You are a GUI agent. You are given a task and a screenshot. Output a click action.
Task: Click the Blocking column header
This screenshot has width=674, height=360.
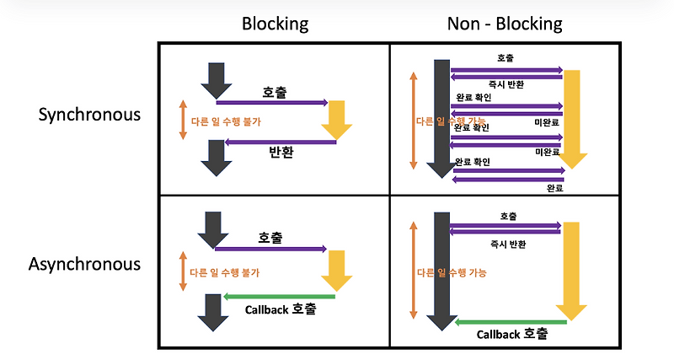[x=275, y=24]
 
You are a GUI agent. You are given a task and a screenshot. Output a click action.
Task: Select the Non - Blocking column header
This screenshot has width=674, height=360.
[x=504, y=24]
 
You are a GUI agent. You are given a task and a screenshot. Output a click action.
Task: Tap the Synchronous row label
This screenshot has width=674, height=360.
[x=89, y=115]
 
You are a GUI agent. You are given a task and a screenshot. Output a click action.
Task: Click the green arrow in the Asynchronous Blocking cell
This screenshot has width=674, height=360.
[x=279, y=296]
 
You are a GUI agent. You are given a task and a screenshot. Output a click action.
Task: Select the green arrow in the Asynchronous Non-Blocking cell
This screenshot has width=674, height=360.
[x=510, y=321]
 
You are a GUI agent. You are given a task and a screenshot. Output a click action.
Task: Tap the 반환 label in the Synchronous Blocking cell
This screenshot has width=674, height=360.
[x=280, y=153]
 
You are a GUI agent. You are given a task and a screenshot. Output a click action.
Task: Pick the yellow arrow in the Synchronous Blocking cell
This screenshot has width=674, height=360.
[x=337, y=118]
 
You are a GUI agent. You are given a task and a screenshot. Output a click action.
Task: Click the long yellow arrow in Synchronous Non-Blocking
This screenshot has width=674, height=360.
[x=572, y=118]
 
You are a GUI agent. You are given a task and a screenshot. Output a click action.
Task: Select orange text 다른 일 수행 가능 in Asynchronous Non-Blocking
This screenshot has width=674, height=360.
[x=452, y=273]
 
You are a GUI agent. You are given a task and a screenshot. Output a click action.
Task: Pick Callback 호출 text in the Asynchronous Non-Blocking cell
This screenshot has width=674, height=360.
[x=511, y=334]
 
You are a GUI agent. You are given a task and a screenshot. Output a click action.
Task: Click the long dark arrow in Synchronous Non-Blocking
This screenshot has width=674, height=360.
[x=438, y=118]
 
